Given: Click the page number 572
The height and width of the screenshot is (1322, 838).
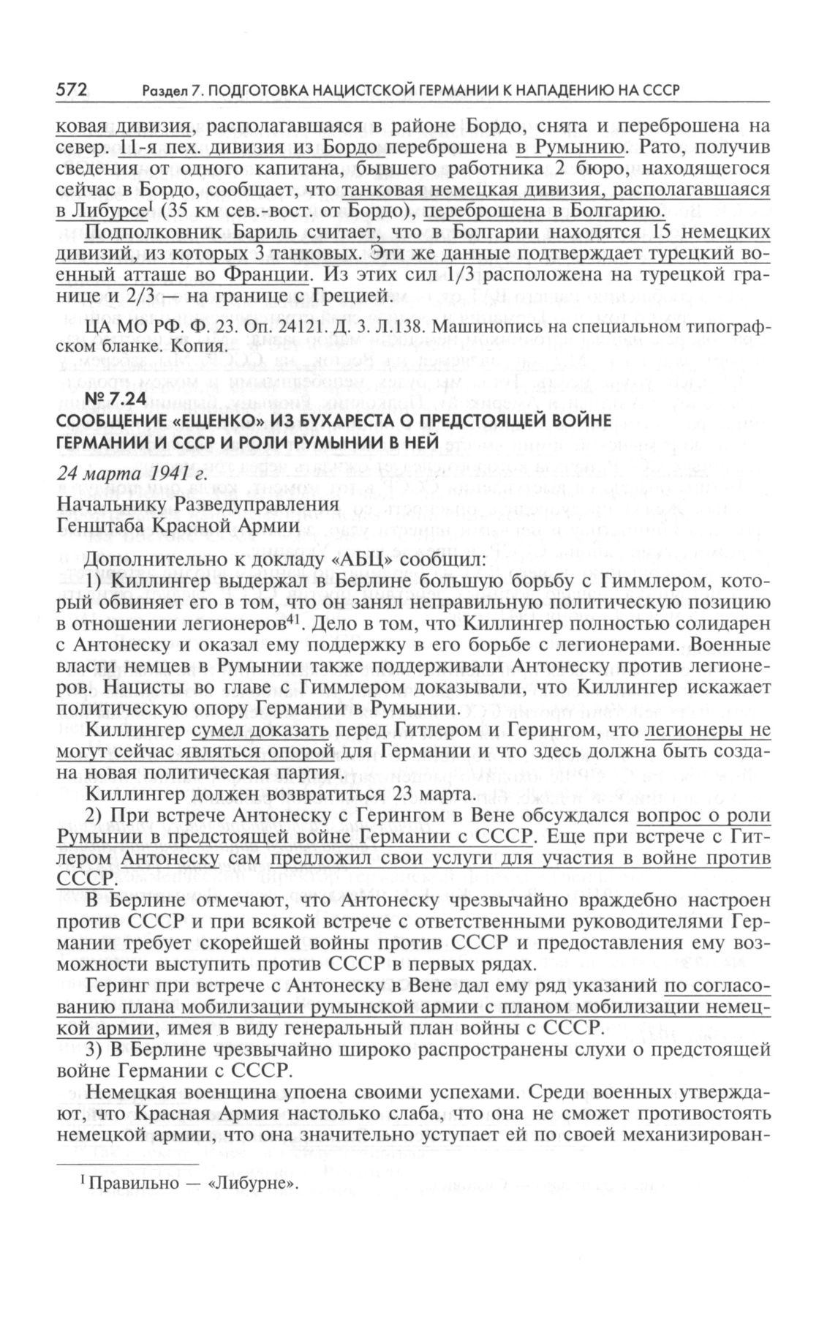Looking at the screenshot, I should tap(72, 90).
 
